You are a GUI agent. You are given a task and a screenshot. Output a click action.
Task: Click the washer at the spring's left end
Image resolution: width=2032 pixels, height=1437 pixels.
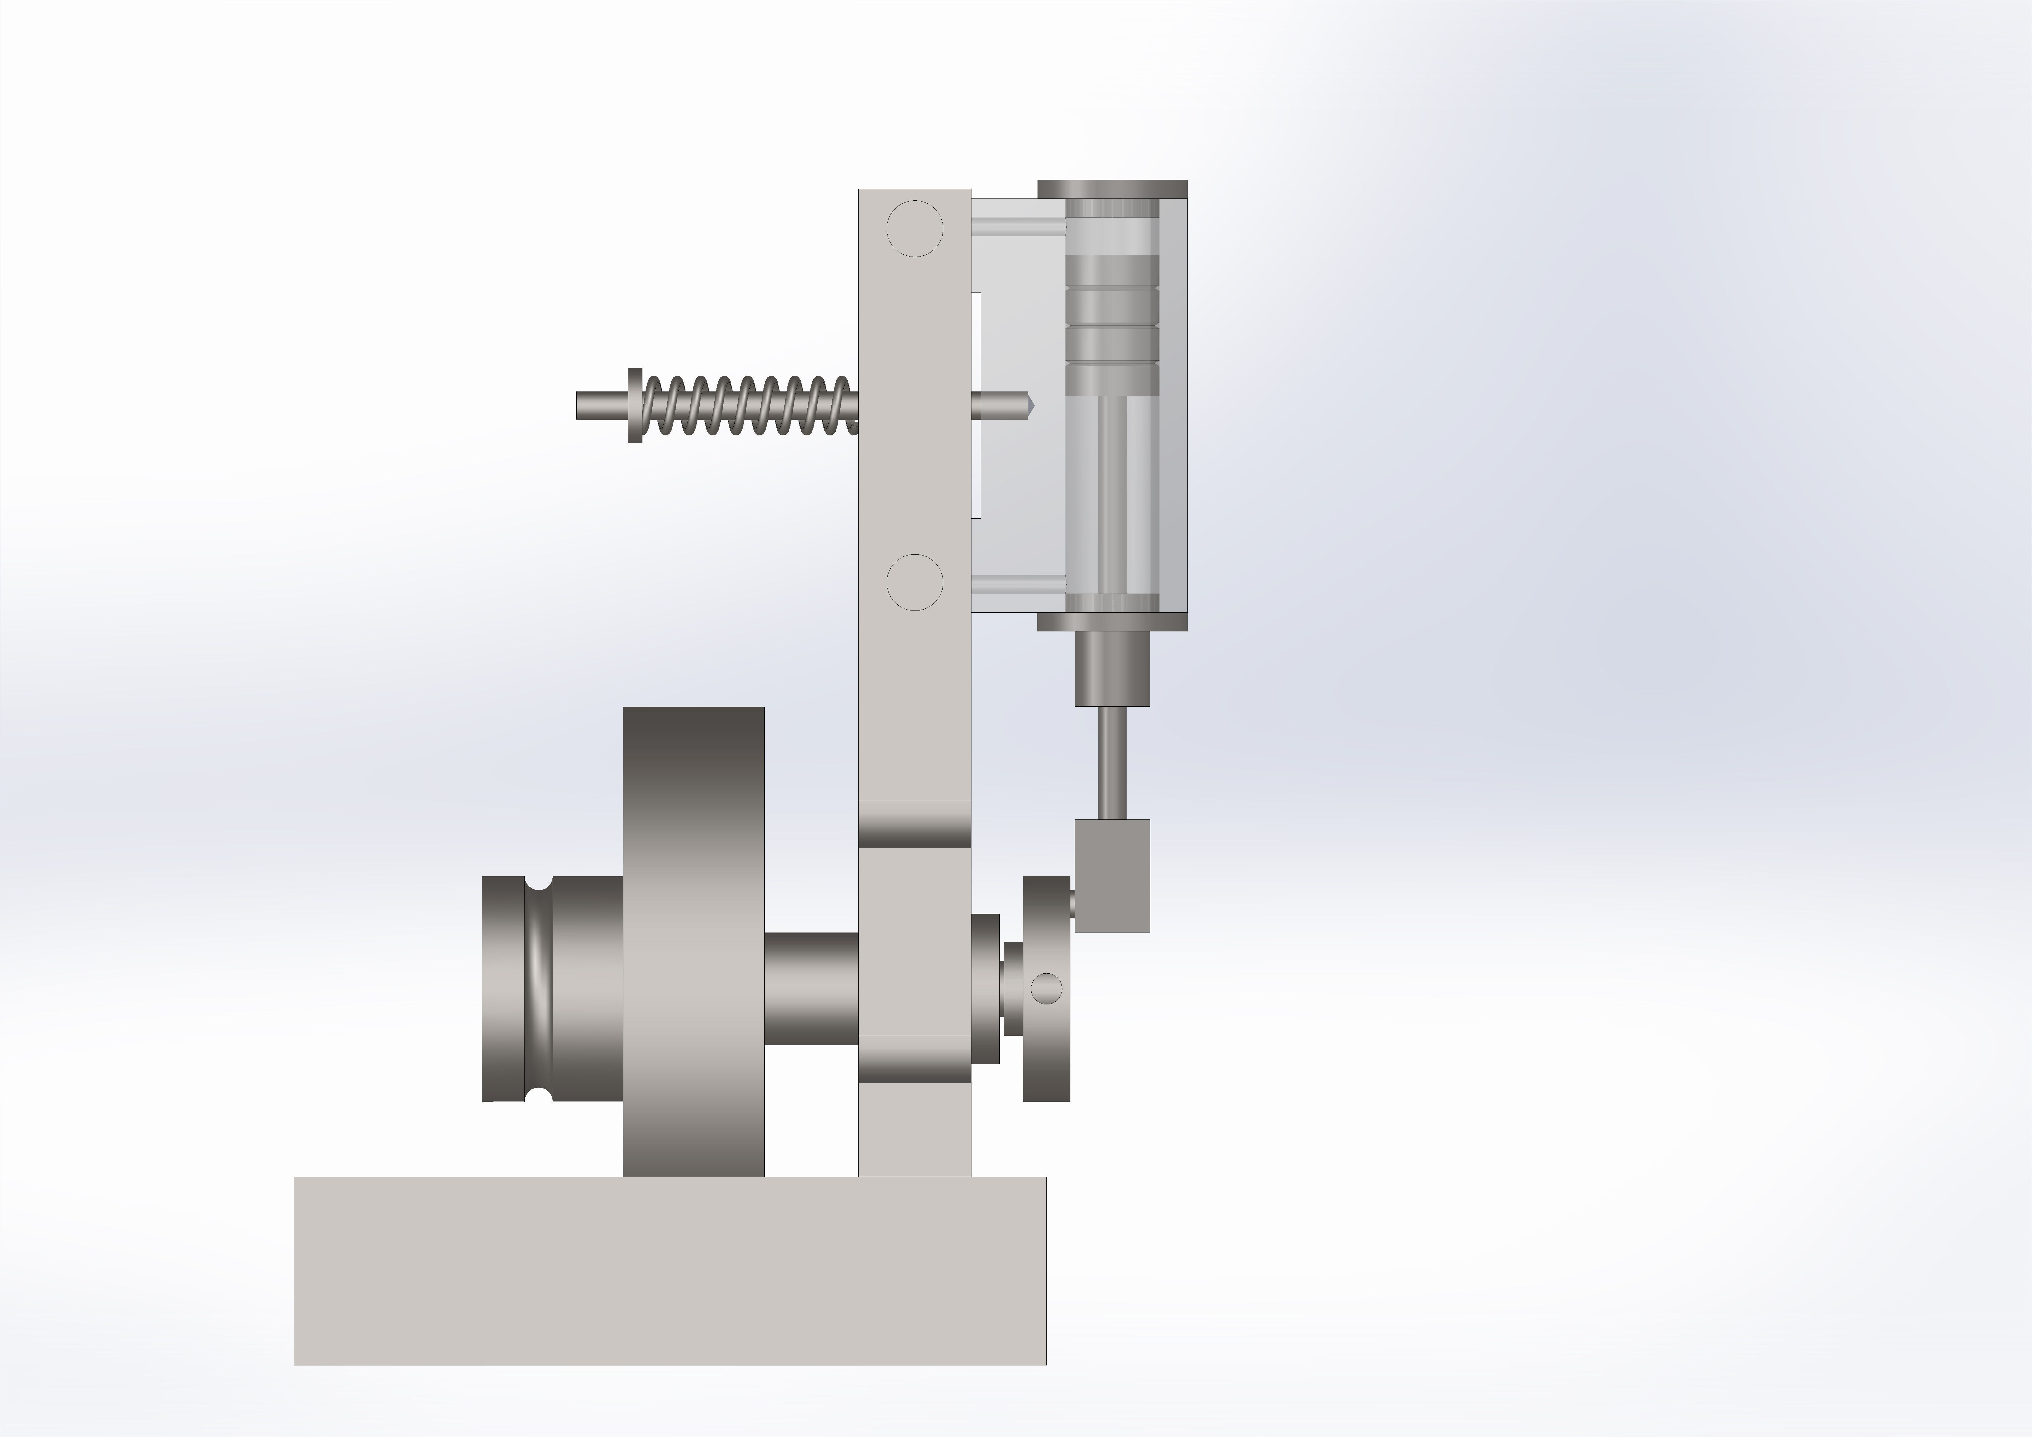[x=634, y=405]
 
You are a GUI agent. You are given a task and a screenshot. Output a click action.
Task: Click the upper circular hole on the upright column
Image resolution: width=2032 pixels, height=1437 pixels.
[x=914, y=228]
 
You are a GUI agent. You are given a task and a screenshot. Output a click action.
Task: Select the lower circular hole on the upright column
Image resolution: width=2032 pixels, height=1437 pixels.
[x=914, y=582]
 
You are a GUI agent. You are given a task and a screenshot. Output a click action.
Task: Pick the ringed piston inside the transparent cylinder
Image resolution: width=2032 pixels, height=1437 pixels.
[x=1112, y=325]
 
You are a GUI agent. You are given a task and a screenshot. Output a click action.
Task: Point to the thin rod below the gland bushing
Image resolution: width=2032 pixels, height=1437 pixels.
[x=1112, y=763]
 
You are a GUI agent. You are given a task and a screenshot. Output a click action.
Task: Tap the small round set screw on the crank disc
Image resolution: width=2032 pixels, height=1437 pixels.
[x=1047, y=988]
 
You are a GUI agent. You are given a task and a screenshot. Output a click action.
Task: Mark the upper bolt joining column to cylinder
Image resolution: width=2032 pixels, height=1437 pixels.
[x=1018, y=228]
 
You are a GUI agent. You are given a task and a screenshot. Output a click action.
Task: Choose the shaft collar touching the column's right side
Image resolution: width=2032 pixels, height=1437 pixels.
[x=985, y=988]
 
